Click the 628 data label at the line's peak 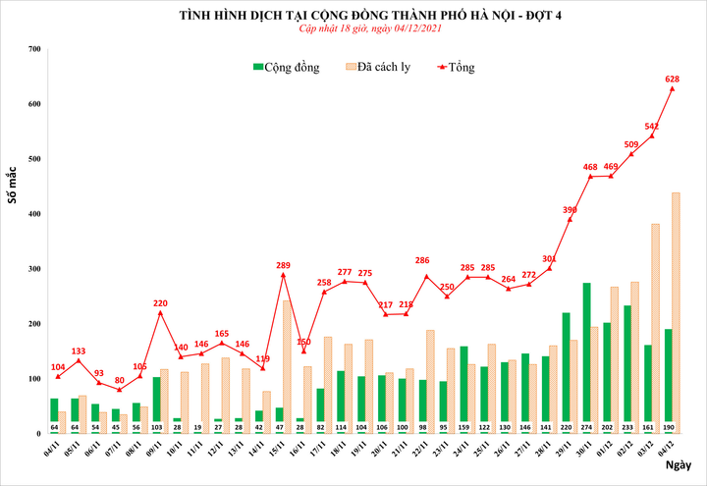click(673, 79)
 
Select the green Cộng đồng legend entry click(287, 67)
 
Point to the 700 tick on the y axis click(34, 49)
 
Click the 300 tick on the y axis click(34, 269)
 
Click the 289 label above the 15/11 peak click(283, 265)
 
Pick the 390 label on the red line click(571, 210)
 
